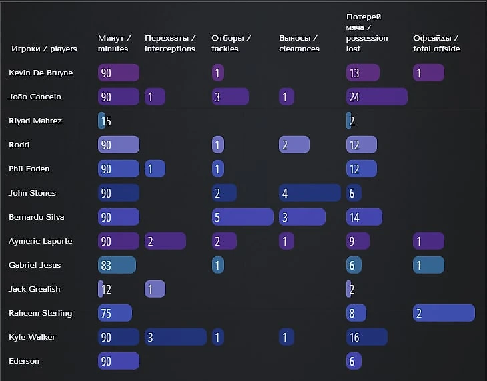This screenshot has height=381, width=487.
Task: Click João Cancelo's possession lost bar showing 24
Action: (x=376, y=97)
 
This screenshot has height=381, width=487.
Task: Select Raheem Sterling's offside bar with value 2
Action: (x=444, y=313)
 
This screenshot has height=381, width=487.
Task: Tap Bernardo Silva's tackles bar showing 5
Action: (x=242, y=217)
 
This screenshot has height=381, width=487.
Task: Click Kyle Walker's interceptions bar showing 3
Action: (x=175, y=337)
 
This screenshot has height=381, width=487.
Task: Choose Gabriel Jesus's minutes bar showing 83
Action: (x=117, y=265)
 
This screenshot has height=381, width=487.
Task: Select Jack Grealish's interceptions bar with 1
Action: (x=155, y=289)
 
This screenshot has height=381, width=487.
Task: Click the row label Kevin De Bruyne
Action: (x=41, y=73)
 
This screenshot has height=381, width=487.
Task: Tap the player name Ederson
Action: (x=24, y=361)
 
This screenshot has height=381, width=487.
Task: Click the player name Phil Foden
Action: (x=29, y=169)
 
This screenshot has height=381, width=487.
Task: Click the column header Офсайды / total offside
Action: (x=436, y=43)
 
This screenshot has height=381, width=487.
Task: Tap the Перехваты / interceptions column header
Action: (x=170, y=43)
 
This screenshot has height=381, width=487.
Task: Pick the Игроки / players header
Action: (x=44, y=49)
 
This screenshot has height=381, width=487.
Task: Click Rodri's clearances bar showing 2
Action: (x=294, y=145)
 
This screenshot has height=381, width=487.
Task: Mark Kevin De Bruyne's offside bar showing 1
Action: (x=428, y=73)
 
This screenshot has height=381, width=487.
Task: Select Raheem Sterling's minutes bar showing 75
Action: (x=115, y=313)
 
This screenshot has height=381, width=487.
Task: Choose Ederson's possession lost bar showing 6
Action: (x=354, y=361)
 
